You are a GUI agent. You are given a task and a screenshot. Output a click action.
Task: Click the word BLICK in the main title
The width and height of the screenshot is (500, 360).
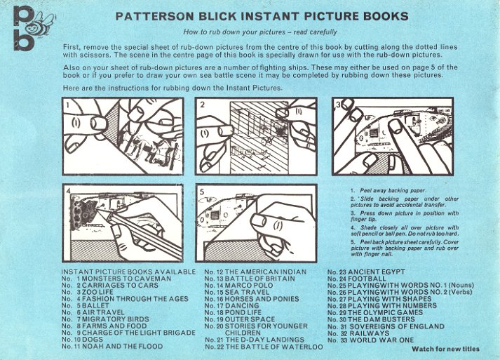pyautogui.click(x=217, y=16)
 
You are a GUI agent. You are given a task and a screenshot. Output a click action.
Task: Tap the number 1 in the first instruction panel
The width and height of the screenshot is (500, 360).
pyautogui.click(x=67, y=105)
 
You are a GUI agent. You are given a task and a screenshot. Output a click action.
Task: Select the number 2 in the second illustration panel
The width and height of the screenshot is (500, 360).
pyautogui.click(x=202, y=105)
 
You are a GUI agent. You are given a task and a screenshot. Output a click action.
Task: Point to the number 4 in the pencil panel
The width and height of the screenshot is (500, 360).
pyautogui.click(x=68, y=191)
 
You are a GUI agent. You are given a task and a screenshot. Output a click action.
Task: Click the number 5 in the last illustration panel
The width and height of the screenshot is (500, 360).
pyautogui.click(x=202, y=192)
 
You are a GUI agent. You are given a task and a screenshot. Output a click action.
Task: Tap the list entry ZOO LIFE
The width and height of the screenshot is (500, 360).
pyautogui.click(x=97, y=293)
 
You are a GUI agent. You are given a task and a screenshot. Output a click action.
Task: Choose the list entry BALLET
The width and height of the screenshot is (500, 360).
pyautogui.click(x=95, y=306)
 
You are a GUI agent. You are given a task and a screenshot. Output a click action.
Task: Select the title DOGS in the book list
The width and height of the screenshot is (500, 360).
pyautogui.click(x=93, y=340)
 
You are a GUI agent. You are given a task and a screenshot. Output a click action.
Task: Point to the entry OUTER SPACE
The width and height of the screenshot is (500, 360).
pyautogui.click(x=250, y=319)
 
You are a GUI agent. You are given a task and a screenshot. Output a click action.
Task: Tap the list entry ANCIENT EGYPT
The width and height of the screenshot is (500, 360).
pyautogui.click(x=377, y=272)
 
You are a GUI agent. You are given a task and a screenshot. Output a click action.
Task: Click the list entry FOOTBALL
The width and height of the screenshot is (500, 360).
pyautogui.click(x=367, y=279)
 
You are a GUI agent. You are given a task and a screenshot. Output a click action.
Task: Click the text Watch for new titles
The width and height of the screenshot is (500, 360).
pyautogui.click(x=445, y=349)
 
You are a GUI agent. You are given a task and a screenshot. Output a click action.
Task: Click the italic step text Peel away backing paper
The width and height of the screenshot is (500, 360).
pyautogui.click(x=393, y=191)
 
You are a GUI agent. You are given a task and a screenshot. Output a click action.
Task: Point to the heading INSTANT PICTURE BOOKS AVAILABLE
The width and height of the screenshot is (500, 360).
pyautogui.click(x=128, y=272)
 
